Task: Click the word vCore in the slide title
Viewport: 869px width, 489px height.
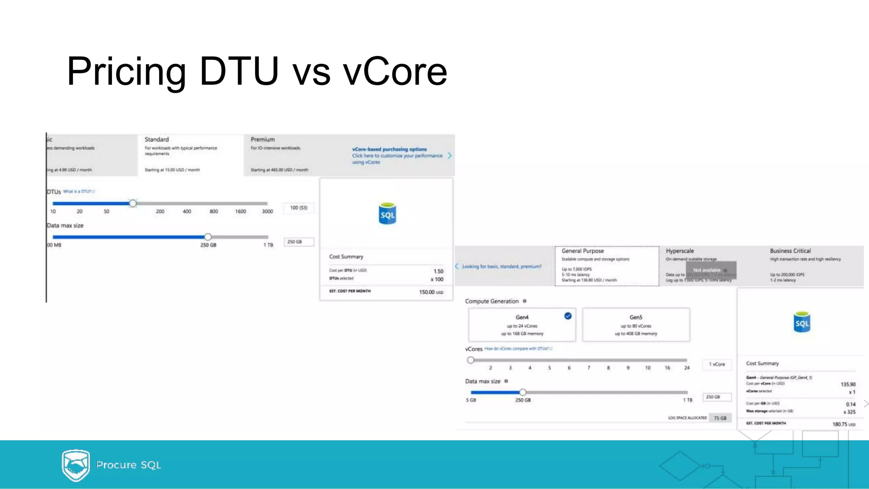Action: [x=395, y=71]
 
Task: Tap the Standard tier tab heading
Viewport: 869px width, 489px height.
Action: [x=157, y=140]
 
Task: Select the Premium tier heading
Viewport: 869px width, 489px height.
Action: [x=263, y=140]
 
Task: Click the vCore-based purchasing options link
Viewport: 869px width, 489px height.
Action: [x=389, y=149]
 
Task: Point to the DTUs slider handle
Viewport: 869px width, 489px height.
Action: [x=133, y=204]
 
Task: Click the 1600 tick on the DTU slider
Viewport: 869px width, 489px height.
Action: [x=241, y=211]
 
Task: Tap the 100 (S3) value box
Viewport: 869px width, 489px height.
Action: [x=299, y=208]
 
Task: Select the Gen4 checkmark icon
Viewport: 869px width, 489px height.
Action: [x=568, y=316]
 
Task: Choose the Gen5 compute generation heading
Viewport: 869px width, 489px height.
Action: [x=636, y=317]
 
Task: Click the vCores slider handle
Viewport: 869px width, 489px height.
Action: [x=471, y=360]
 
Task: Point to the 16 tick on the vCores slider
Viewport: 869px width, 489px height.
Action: [x=667, y=368]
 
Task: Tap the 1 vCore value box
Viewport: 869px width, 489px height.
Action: [x=717, y=364]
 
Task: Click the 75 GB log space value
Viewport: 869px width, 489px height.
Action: [x=720, y=418]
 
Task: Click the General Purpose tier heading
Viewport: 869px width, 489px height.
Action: [x=583, y=251]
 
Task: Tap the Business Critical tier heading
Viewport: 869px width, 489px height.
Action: [x=790, y=251]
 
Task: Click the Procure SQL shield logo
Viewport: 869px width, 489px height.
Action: [x=76, y=465]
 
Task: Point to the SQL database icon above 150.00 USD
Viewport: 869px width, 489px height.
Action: [x=387, y=214]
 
